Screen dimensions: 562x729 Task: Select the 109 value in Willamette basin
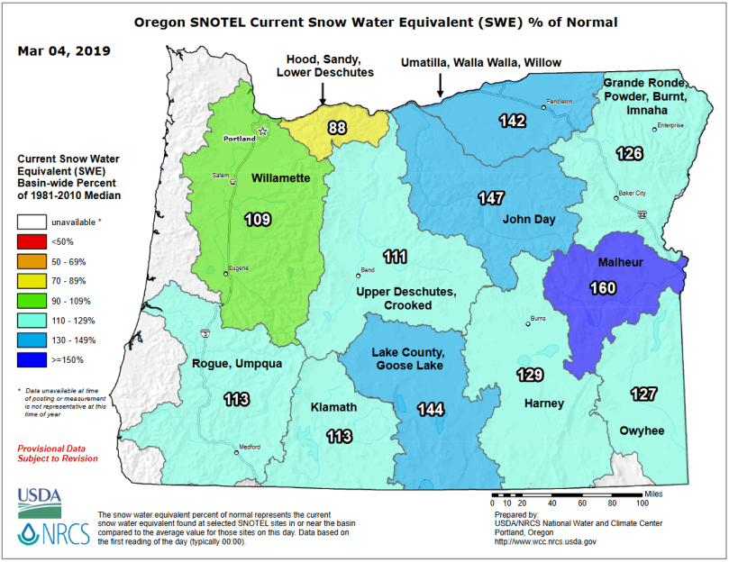click(x=258, y=219)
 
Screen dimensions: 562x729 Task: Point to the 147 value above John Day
click(x=491, y=197)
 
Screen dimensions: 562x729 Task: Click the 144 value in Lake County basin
click(x=431, y=409)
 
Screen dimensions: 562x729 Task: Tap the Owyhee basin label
click(x=642, y=431)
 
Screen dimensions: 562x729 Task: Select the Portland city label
click(x=239, y=140)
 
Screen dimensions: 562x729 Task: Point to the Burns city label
click(x=536, y=318)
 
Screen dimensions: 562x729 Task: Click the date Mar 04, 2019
click(x=64, y=50)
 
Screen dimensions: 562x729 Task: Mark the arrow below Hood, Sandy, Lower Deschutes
click(x=323, y=94)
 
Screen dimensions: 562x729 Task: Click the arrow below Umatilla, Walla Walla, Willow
click(x=440, y=86)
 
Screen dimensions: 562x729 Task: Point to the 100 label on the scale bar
click(x=642, y=503)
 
